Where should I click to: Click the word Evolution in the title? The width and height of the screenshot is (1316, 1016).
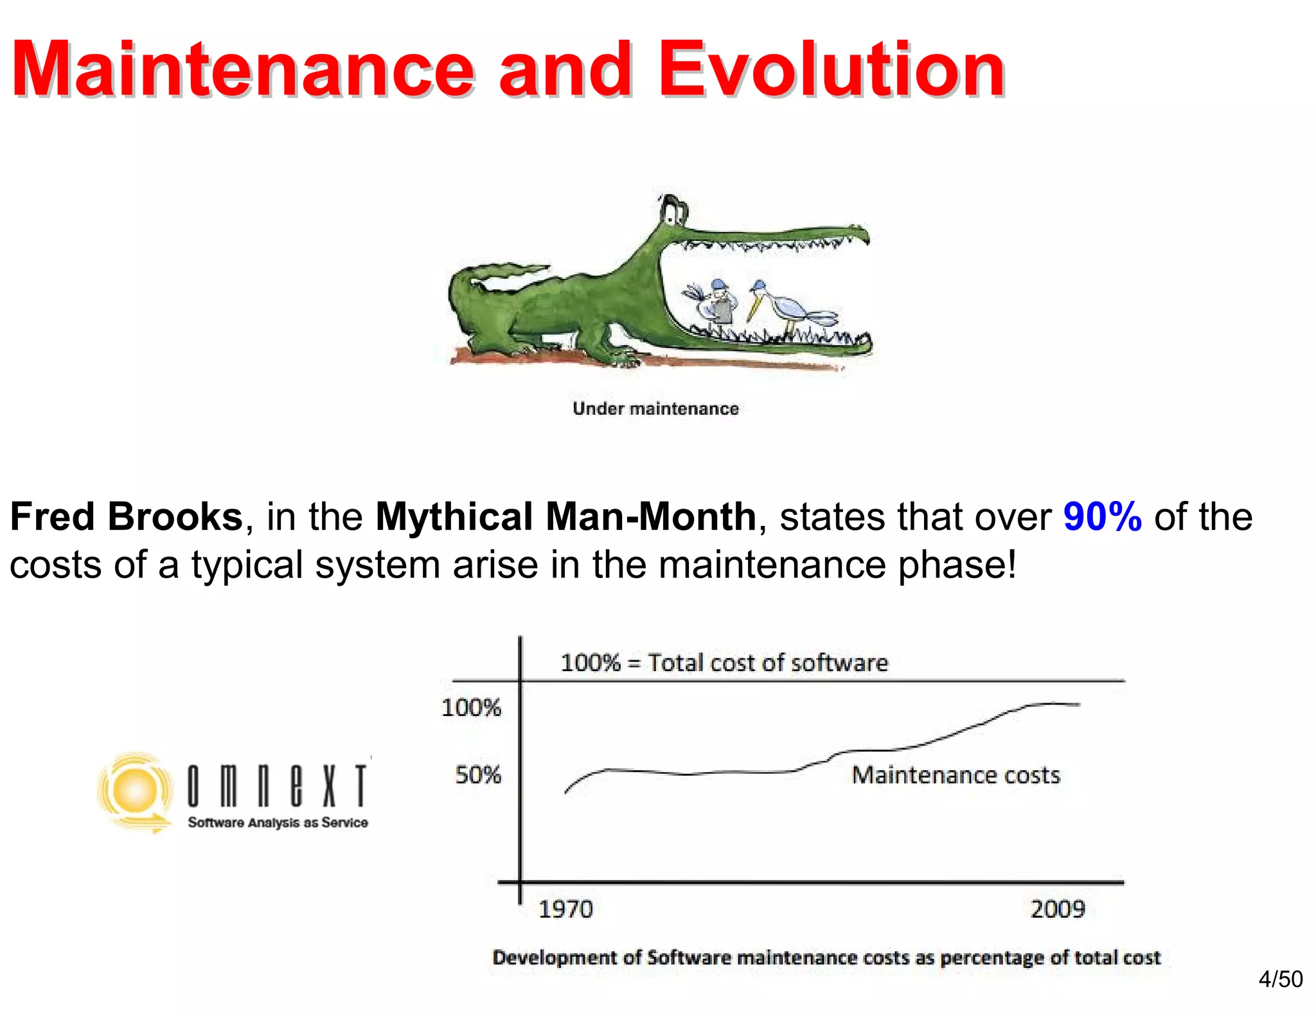pos(831,69)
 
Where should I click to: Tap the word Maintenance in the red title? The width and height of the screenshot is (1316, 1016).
pos(243,69)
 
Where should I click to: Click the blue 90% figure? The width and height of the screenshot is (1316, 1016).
pos(1102,516)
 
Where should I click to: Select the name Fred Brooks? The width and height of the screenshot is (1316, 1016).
pos(127,516)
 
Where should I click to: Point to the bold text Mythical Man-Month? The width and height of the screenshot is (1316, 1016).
pos(565,516)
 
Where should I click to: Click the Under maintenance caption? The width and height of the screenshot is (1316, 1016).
pos(655,408)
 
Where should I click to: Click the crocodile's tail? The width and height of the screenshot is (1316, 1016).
pos(488,276)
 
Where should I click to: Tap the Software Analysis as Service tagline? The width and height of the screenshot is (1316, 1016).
pos(278,823)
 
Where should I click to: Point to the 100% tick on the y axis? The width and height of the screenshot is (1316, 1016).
pos(471,708)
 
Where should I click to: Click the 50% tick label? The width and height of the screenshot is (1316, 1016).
pos(478,775)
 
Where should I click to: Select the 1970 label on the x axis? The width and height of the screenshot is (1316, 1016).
pos(565,909)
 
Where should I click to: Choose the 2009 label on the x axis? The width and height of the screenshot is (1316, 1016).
pos(1058,909)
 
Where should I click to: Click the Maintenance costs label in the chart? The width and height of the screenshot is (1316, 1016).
pos(956,775)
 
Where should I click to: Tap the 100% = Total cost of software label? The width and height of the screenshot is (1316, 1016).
pos(724,663)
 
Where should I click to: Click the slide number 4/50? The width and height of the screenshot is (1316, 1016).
pos(1280,979)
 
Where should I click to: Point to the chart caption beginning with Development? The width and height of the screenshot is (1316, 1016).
pos(826,958)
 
